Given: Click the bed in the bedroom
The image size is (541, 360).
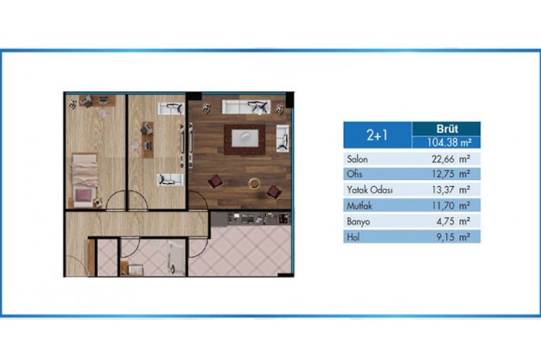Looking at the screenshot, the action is tap(84, 180).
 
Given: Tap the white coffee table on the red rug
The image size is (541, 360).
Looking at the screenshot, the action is tap(245, 138).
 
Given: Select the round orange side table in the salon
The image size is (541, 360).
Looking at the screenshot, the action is tap(254, 183).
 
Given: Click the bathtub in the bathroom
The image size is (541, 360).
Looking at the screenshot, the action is tap(177, 257).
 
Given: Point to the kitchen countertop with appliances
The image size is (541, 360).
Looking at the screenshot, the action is tap(250, 219).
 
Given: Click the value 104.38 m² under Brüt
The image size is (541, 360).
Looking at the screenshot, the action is tap(449, 142).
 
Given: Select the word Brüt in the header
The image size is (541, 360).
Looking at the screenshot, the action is tap(447, 128).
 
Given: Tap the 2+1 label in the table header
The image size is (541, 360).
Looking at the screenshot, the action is tap(377, 135).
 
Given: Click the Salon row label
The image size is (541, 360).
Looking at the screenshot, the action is tap(357, 159).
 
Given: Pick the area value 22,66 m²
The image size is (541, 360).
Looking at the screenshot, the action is tap(451, 159).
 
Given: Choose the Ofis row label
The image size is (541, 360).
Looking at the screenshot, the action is tap(354, 174).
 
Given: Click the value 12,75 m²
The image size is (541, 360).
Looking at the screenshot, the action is tap(451, 174).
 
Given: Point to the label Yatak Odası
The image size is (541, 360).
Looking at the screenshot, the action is tap(369, 189).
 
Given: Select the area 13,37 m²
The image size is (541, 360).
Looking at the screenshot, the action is tap(451, 189).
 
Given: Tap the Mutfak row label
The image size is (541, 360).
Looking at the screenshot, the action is tap(359, 205).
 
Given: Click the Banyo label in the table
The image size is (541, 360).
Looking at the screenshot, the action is tap(359, 222).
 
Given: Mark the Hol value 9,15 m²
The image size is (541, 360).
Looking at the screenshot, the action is tap(453, 237).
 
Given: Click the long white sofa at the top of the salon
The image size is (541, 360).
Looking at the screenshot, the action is tap(246, 107).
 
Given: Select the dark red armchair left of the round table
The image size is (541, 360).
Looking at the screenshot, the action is tap(216, 181).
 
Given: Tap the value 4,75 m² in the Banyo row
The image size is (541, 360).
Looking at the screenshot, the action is tap(453, 221).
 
